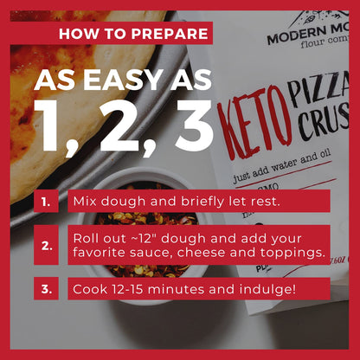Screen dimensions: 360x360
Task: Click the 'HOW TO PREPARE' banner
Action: [133, 34]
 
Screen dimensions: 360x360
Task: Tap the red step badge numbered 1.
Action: [47, 202]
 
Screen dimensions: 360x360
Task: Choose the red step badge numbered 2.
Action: [47, 245]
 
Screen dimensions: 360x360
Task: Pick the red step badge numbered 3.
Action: [47, 288]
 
